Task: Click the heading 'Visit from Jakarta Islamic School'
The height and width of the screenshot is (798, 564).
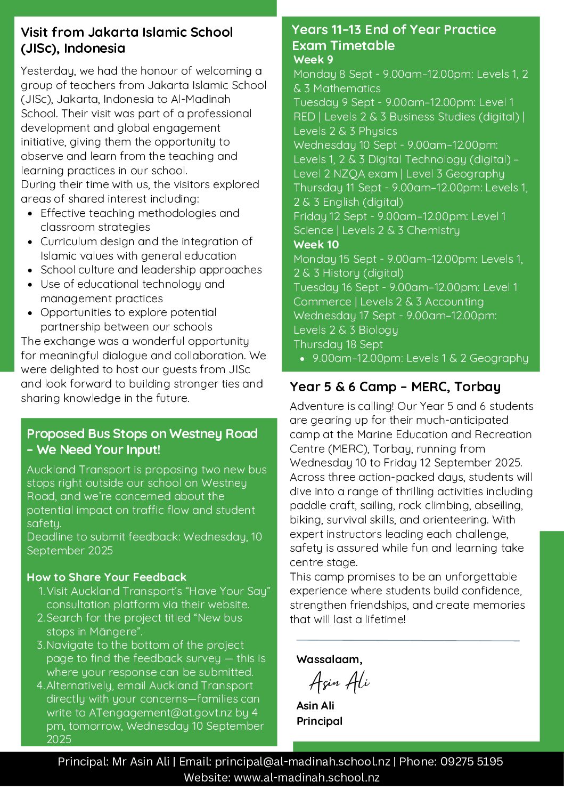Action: coord(127,33)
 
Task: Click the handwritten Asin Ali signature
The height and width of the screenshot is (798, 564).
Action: coord(339,682)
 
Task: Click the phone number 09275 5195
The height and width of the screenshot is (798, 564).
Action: coord(471,762)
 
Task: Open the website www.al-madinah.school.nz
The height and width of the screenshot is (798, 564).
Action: coord(307,778)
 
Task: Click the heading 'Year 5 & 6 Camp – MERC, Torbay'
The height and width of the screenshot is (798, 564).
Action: coord(395,387)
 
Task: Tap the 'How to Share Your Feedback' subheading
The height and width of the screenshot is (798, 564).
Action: coord(107,577)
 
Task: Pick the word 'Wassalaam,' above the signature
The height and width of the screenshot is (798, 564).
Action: coord(329,659)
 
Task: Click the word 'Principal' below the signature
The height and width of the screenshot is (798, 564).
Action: coord(320,721)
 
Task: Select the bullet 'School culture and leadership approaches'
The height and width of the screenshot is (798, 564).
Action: coord(151,270)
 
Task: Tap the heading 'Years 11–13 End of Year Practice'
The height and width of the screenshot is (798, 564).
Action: coord(394,30)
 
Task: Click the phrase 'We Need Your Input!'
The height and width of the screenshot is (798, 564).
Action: coord(99,450)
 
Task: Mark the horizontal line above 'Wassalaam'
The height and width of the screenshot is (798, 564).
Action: coord(407,640)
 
